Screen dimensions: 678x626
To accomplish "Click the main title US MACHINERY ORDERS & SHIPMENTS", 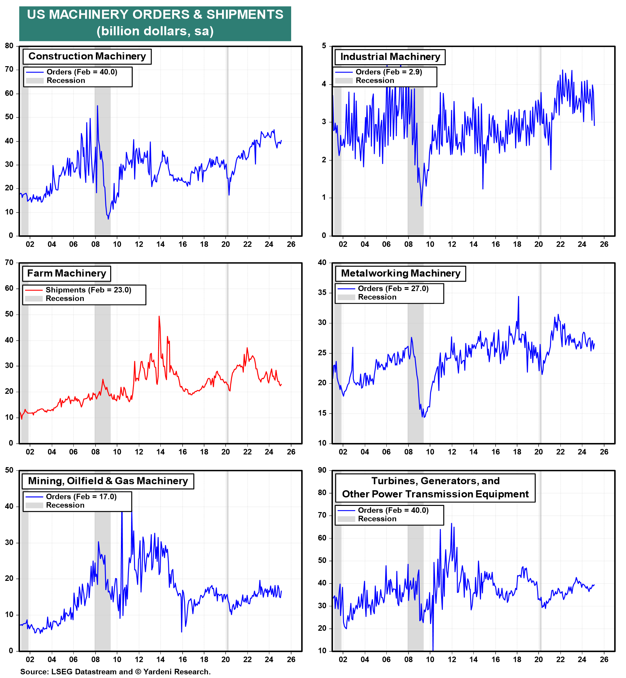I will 155,15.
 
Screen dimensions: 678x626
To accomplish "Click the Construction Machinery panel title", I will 87,56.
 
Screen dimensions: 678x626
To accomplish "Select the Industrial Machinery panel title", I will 390,57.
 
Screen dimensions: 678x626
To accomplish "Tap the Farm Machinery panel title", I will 67,273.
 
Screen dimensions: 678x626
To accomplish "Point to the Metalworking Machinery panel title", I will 400,273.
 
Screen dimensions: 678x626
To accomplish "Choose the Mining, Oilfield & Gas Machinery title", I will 108,481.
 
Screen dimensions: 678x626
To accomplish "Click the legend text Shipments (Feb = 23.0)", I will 88,290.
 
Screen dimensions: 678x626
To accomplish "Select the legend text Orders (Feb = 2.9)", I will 389,72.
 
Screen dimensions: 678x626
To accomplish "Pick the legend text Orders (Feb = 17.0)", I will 81,496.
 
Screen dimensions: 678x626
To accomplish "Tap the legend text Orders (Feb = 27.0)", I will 393,288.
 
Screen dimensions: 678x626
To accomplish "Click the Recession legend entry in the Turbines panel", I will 377,519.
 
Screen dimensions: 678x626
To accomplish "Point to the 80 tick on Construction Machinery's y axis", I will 9,46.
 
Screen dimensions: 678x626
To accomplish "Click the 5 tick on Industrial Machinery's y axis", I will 324,46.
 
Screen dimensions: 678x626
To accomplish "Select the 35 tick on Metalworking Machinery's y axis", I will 322,293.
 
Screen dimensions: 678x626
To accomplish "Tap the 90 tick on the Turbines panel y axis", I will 322,470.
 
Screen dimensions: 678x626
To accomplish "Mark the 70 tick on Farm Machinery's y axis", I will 9,262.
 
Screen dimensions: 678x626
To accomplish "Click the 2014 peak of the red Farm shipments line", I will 159,316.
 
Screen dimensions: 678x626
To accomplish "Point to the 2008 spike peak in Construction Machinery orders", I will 97,106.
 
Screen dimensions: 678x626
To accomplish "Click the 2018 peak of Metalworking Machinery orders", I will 518,297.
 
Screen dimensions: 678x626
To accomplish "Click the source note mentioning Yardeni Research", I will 115,671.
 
